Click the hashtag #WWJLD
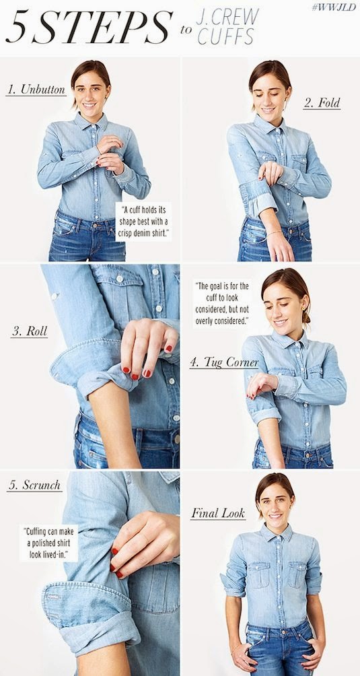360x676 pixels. (x=334, y=7)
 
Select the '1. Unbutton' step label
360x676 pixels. (x=36, y=90)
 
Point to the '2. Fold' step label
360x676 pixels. (x=322, y=103)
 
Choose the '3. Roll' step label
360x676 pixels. (x=30, y=331)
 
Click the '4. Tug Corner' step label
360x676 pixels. (x=224, y=362)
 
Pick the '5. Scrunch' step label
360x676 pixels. (x=34, y=485)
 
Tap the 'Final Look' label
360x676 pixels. (x=218, y=513)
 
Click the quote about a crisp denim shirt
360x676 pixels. (x=143, y=222)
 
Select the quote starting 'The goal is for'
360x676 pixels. (x=222, y=303)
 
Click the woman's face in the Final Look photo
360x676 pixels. (x=276, y=503)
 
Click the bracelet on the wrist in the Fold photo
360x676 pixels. (x=274, y=233)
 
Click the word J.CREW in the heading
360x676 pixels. (x=227, y=17)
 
